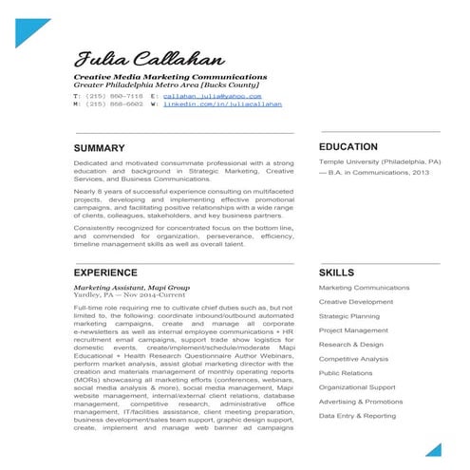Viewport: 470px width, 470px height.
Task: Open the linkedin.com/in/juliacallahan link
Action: [x=222, y=104]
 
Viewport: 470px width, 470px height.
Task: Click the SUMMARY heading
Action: [x=99, y=148]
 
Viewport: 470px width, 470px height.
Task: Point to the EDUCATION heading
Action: [x=348, y=147]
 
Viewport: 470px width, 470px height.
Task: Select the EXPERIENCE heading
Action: [x=105, y=272]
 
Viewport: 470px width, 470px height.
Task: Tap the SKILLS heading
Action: [x=337, y=273]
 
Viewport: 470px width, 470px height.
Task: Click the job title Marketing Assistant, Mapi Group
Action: [x=131, y=287]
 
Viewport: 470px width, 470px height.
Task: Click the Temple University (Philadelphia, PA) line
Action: [x=379, y=162]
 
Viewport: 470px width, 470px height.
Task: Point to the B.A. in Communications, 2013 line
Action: [x=376, y=174]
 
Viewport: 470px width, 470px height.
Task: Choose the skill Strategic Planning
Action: [x=349, y=315]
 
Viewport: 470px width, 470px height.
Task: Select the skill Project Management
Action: [x=352, y=329]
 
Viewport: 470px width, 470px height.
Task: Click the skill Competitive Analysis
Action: [x=354, y=359]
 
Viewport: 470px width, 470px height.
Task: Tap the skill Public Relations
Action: [x=345, y=373]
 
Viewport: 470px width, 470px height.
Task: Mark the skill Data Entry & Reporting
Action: [x=358, y=416]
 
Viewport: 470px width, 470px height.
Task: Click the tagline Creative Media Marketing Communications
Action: [x=170, y=75]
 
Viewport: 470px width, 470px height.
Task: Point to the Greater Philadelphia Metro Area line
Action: [x=159, y=84]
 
